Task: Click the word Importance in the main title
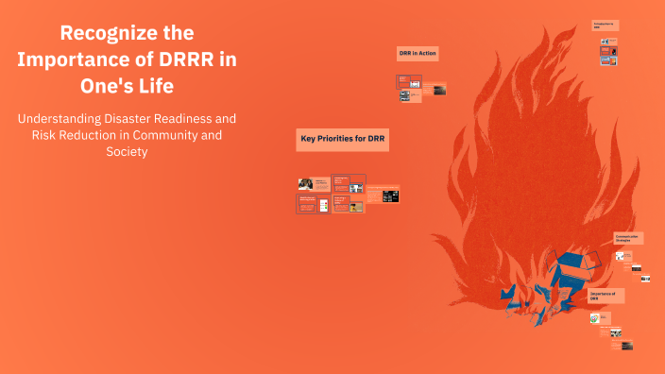[77, 59]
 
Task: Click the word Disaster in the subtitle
[139, 119]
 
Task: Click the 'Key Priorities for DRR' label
[344, 139]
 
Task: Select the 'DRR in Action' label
[418, 54]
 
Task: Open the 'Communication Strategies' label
[628, 238]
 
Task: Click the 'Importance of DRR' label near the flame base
[605, 296]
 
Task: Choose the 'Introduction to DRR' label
[605, 25]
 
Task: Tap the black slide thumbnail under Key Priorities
[390, 196]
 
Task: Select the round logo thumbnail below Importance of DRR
[596, 318]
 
